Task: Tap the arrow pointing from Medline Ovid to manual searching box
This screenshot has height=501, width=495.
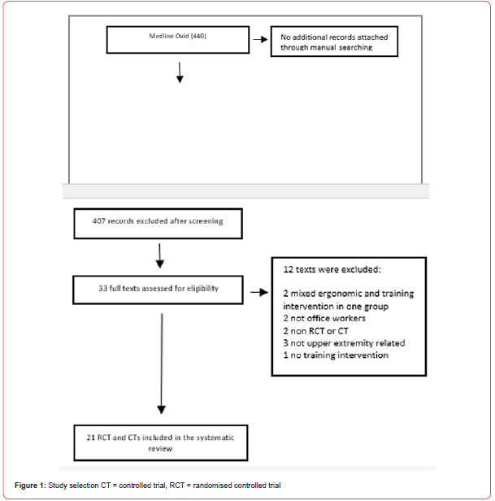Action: [260, 39]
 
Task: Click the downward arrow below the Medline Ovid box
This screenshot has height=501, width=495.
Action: [180, 72]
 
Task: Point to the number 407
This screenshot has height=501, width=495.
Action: [99, 220]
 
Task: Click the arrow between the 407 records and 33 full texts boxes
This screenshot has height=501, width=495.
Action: [159, 256]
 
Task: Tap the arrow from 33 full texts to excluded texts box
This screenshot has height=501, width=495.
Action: [259, 292]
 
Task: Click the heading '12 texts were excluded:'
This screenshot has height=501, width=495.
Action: [332, 270]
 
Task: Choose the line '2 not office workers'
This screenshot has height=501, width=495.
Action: [324, 318]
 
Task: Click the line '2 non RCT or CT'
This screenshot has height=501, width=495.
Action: [315, 331]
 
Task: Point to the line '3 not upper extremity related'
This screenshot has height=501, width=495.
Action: [344, 343]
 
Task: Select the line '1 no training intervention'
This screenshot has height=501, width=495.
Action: [336, 355]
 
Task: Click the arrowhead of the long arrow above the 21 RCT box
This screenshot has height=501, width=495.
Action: [161, 410]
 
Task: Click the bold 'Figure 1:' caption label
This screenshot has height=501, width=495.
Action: [30, 486]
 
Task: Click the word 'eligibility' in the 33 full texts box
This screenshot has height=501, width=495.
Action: [202, 289]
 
